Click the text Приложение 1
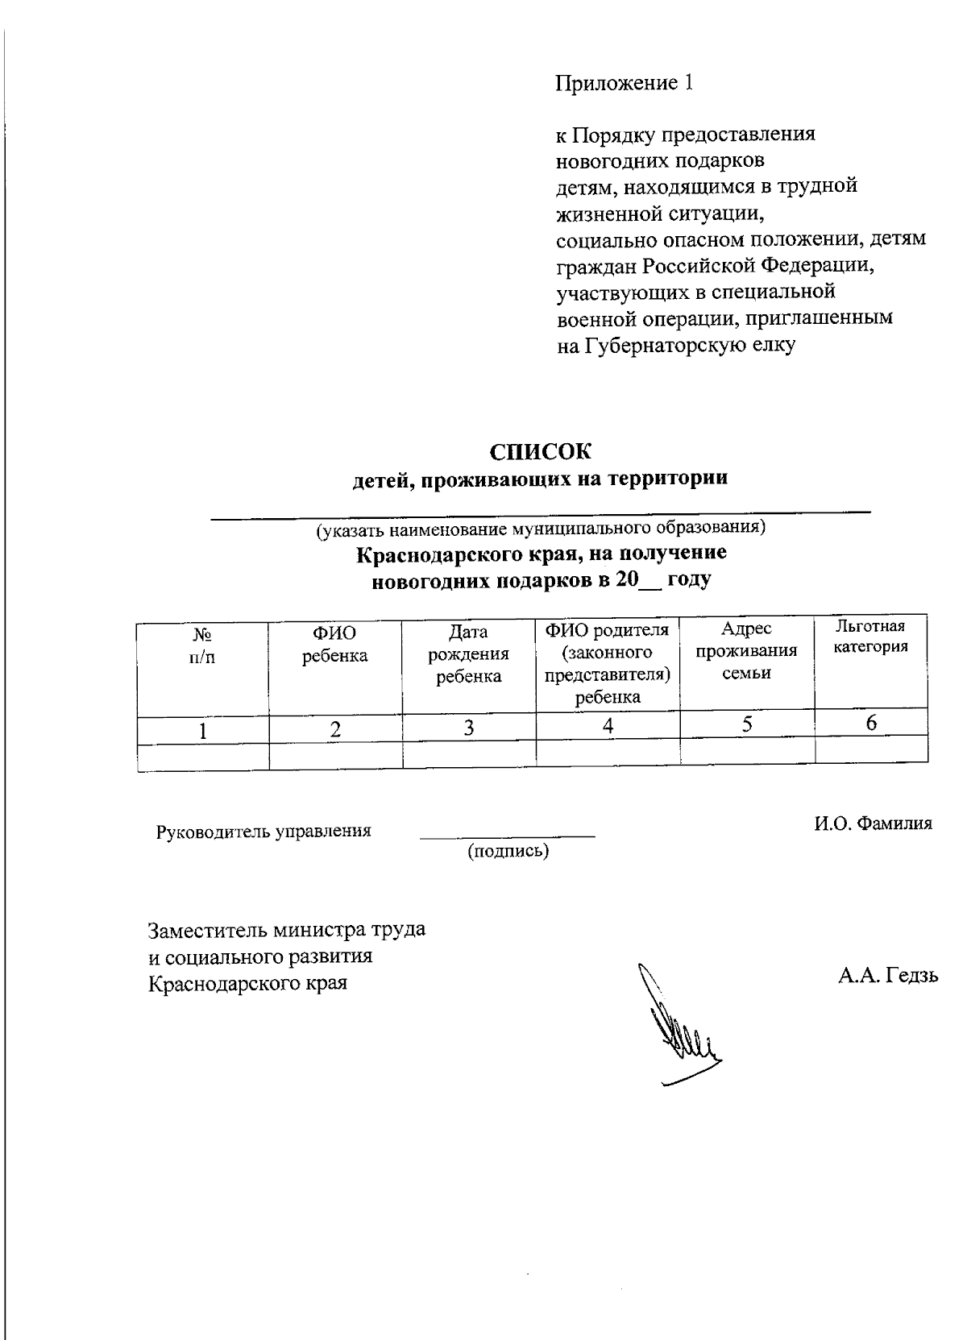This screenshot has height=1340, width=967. click(x=625, y=83)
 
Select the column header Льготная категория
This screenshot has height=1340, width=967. click(x=870, y=637)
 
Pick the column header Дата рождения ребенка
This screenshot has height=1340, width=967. click(x=468, y=654)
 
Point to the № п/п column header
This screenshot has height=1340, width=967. click(x=202, y=645)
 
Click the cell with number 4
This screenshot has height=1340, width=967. click(x=608, y=726)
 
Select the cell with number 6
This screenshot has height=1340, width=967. click(x=871, y=723)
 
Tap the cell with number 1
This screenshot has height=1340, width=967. click(x=203, y=731)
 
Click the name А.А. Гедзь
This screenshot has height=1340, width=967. click(x=887, y=977)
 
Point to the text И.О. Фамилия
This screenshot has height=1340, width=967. click(x=872, y=823)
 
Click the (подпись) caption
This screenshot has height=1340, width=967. click(x=508, y=850)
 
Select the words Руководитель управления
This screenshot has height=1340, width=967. click(x=264, y=831)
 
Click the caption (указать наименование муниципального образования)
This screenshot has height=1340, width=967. click(x=540, y=529)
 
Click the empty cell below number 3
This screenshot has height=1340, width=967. click(x=468, y=753)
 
